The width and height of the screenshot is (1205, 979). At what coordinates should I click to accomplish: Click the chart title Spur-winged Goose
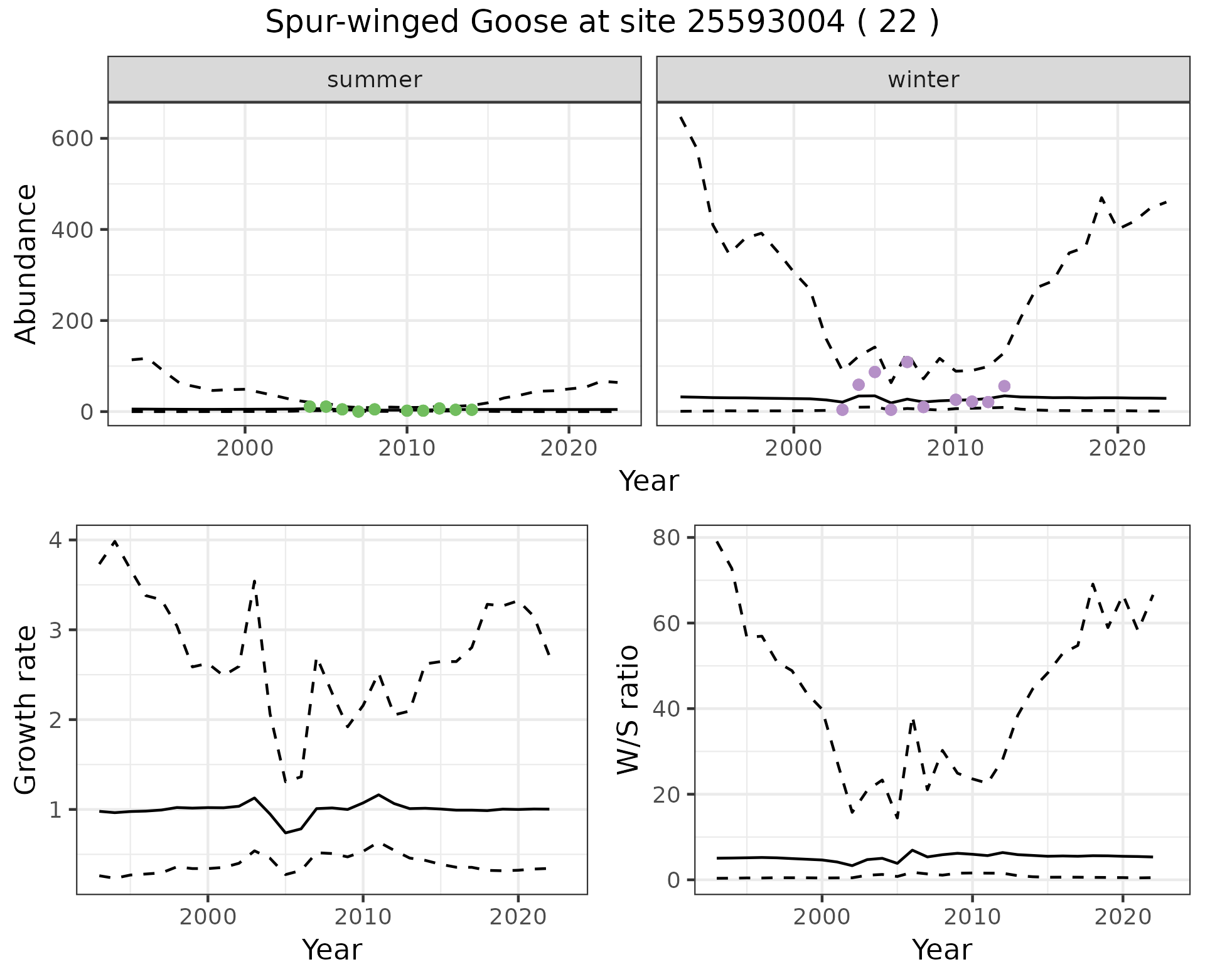click(602, 23)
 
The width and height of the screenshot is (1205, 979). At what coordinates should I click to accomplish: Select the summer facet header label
click(375, 80)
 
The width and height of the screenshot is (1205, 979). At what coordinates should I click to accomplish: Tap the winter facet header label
click(923, 80)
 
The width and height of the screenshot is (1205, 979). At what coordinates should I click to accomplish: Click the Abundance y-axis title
click(26, 264)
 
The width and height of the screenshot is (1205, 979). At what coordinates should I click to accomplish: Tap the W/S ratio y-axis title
click(628, 710)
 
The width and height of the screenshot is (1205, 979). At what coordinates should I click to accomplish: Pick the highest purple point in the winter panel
click(907, 362)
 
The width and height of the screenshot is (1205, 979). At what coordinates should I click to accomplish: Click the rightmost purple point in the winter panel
click(1004, 386)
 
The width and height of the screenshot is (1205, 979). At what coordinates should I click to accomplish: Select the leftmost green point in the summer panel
click(309, 407)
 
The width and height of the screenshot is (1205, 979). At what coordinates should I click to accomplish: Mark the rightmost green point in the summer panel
click(472, 410)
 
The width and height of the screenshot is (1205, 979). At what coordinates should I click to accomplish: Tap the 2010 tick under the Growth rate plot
click(363, 917)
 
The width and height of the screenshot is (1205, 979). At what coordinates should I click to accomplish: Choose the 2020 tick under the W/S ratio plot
click(1122, 917)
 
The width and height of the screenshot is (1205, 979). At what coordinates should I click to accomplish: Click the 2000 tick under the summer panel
click(245, 449)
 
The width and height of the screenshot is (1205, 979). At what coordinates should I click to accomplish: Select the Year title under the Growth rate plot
click(332, 950)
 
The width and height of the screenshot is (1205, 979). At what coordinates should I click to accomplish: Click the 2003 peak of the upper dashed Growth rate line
click(254, 581)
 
